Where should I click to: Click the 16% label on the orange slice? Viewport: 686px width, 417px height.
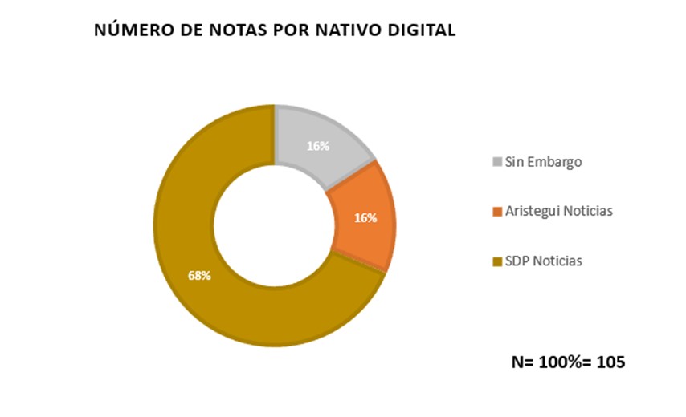(365, 217)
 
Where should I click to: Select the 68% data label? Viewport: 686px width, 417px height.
(199, 276)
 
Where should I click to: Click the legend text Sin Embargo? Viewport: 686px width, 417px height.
(543, 163)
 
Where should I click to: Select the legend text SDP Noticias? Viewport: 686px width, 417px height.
(543, 261)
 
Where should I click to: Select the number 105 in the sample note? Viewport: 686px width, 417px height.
(610, 362)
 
